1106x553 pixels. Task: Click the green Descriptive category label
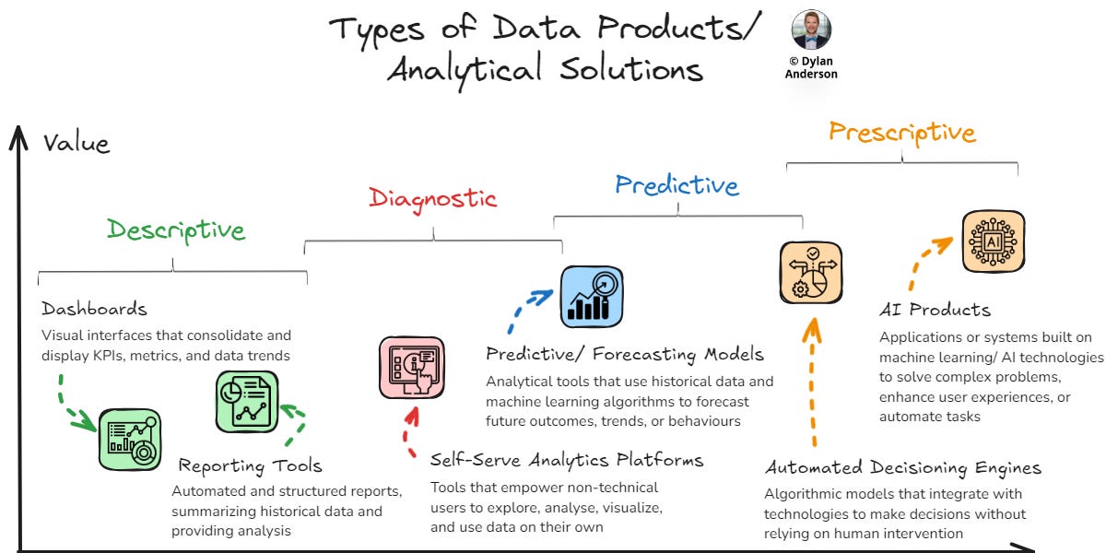[176, 229]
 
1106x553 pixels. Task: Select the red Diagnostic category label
[432, 197]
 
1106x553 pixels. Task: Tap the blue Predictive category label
[677, 185]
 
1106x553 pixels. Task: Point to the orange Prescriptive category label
[901, 132]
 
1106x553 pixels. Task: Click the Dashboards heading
[94, 309]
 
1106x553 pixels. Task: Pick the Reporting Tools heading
[250, 465]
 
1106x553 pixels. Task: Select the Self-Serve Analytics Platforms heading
[567, 459]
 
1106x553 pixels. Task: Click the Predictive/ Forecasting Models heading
[625, 353]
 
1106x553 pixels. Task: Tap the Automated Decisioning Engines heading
[903, 468]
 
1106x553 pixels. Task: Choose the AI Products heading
[935, 310]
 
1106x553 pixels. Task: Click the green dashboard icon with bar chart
[130, 440]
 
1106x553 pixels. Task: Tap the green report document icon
[246, 401]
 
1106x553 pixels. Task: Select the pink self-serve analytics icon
[411, 367]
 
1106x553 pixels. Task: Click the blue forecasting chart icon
[592, 297]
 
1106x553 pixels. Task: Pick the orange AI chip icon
[993, 241]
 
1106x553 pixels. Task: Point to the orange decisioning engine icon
[811, 272]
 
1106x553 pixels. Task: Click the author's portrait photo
[811, 31]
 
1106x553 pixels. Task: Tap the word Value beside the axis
[76, 143]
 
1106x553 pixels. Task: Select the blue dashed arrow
[525, 310]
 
